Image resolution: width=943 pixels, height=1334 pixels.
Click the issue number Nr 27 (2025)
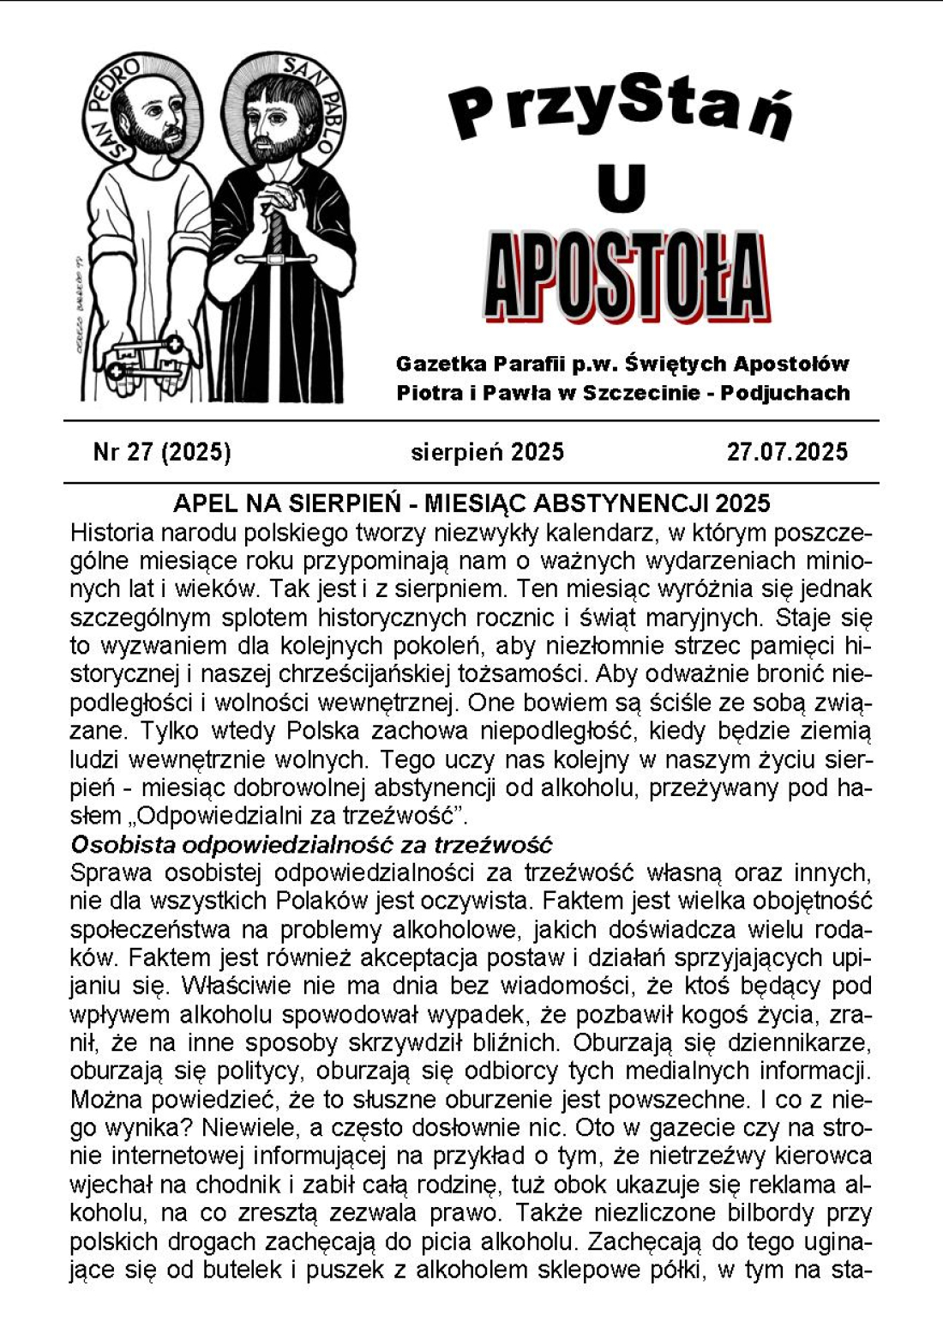(162, 452)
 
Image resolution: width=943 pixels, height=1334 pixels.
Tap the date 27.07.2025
(787, 452)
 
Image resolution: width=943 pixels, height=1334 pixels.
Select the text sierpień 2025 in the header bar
(487, 452)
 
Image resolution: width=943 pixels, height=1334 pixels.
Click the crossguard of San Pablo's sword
(276, 257)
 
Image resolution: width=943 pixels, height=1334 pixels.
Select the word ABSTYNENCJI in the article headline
(631, 503)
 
